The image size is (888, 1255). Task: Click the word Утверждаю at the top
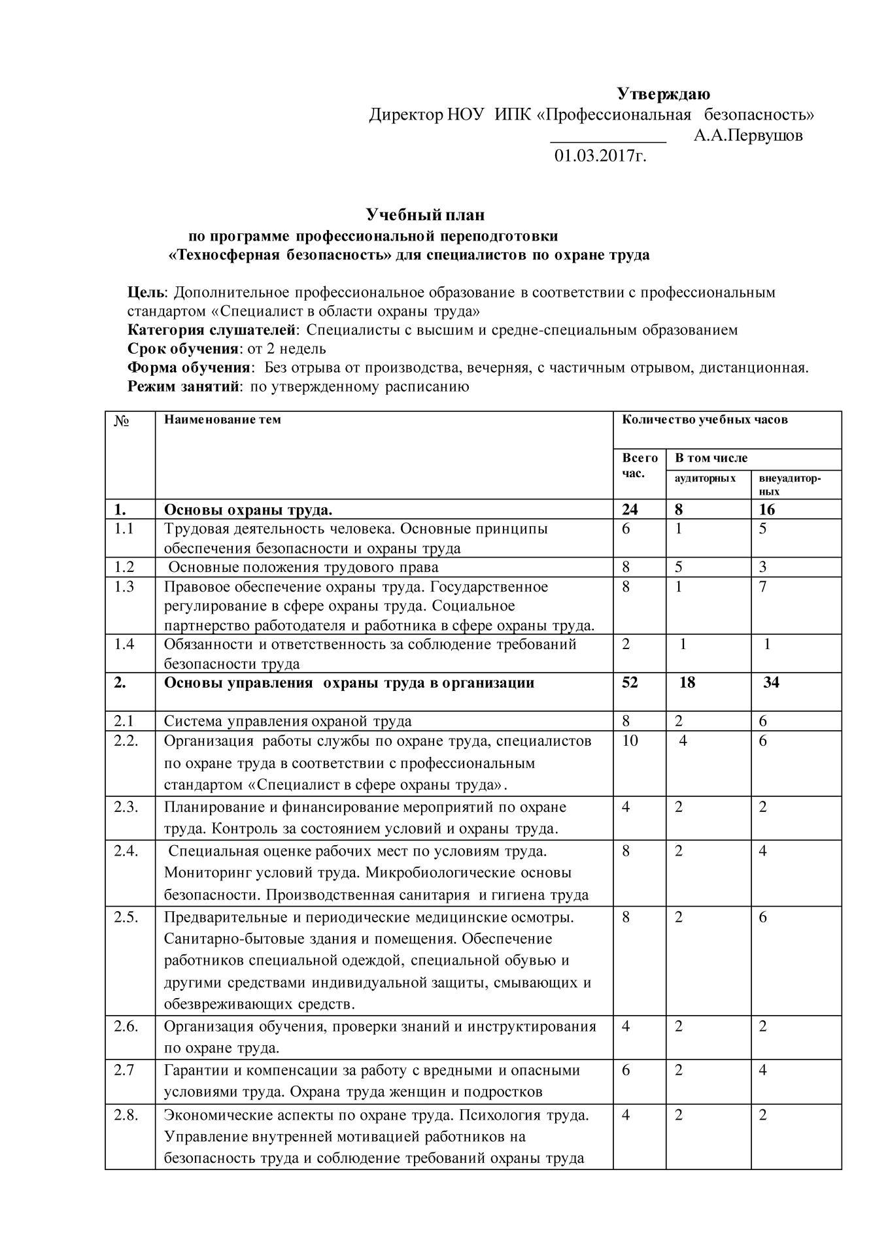664,94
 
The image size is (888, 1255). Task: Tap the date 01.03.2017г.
600,156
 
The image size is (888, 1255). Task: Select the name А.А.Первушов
748,136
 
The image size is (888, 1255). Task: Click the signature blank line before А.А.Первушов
607,140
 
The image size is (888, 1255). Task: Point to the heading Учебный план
425,214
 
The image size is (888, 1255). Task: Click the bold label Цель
146,292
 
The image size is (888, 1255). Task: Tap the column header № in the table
122,421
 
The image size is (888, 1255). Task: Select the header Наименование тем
222,420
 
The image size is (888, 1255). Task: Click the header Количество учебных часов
705,420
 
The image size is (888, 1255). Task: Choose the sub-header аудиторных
705,478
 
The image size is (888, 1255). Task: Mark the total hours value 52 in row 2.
630,683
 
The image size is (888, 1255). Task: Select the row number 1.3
124,587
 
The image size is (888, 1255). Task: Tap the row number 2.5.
126,917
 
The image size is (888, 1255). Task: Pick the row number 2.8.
126,1115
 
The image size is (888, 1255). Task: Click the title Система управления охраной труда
288,722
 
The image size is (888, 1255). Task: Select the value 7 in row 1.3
763,587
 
